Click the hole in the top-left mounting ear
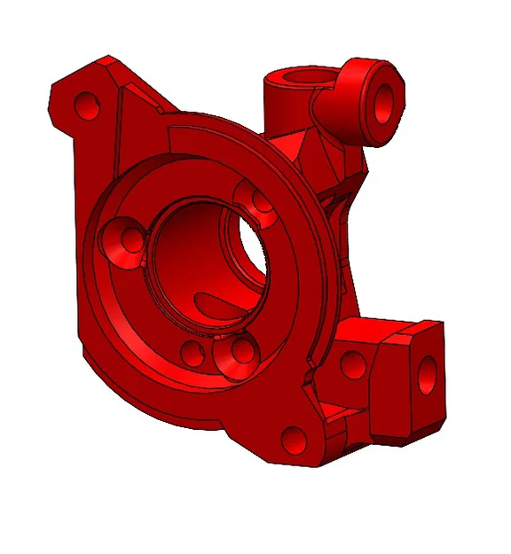pos(87,106)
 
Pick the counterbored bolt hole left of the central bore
pos(124,241)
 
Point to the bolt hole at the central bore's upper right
pos(260,202)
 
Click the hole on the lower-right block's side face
pos(352,363)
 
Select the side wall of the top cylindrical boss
pos(282,111)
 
